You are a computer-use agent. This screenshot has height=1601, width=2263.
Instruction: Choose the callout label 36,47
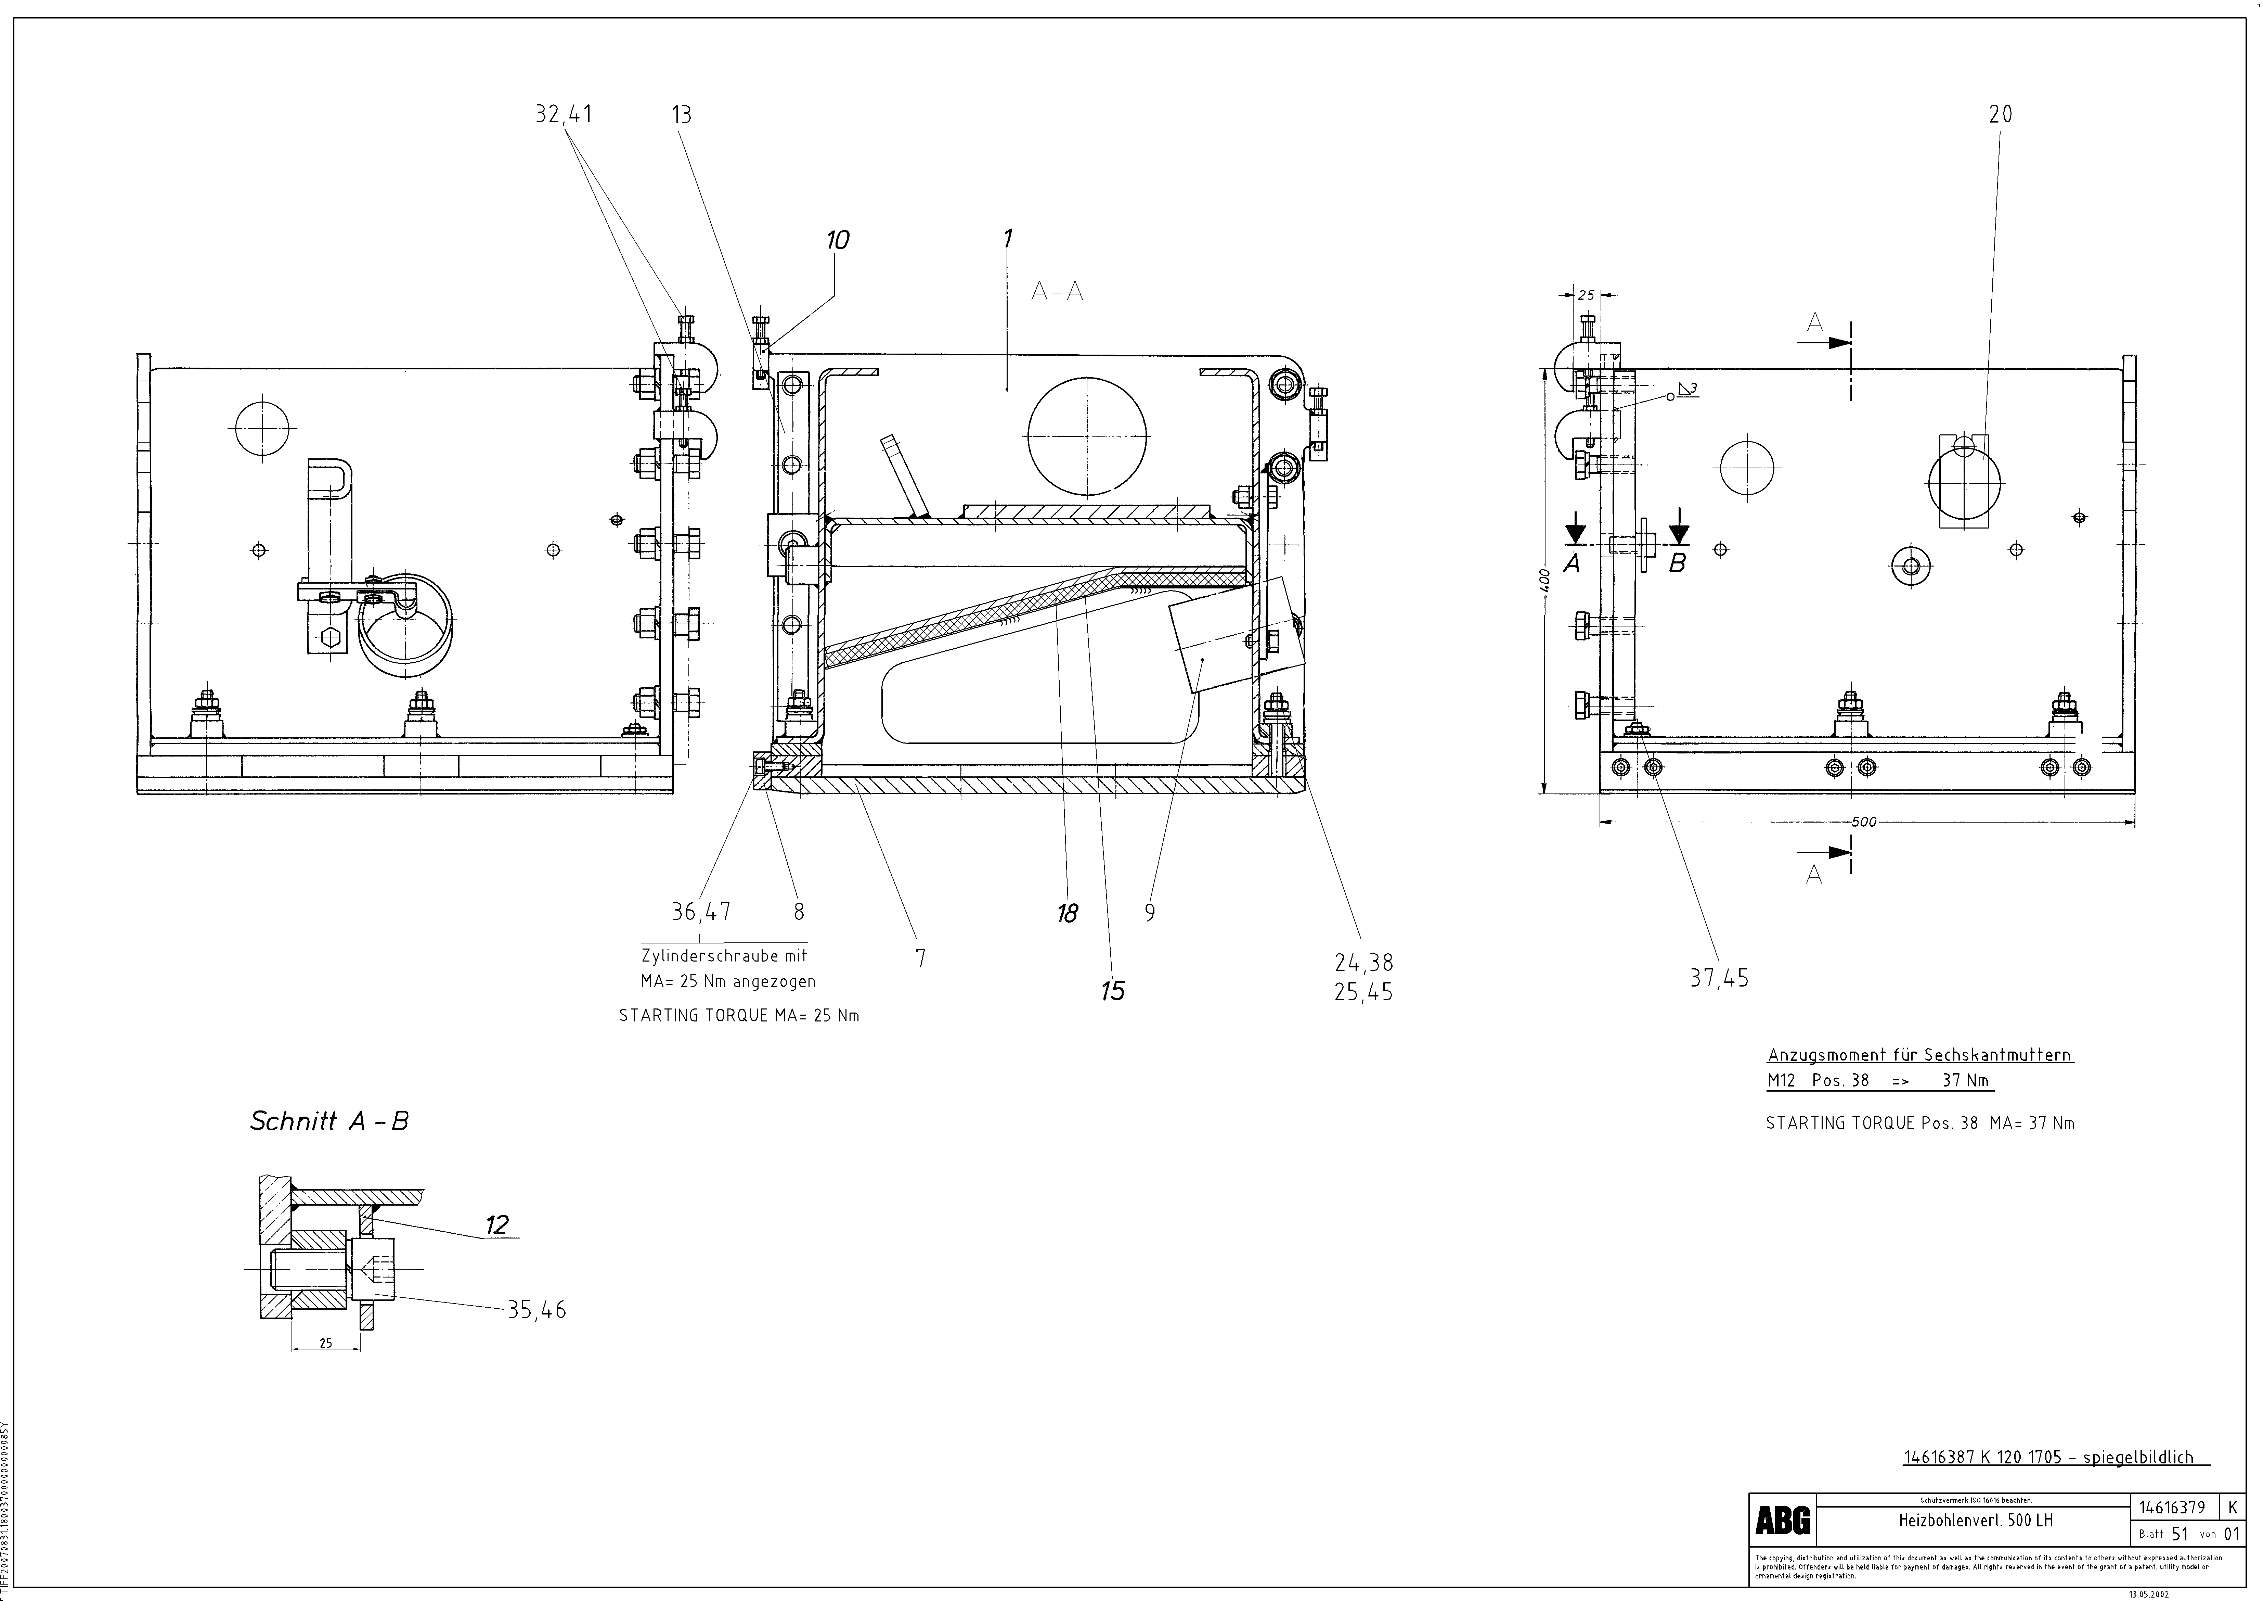[x=701, y=912]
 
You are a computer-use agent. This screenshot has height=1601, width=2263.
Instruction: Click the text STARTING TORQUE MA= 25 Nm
[x=738, y=1015]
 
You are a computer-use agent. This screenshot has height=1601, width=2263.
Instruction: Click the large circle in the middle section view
[x=1087, y=436]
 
